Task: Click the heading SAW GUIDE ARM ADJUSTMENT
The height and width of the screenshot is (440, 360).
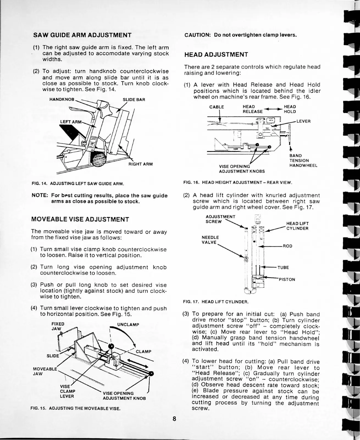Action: pyautogui.click(x=82, y=35)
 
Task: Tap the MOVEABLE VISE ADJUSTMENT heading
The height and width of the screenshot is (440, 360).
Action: pyautogui.click(x=80, y=219)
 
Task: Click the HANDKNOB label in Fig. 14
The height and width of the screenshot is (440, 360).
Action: pyautogui.click(x=62, y=99)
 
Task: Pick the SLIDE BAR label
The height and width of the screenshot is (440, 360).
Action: pyautogui.click(x=134, y=99)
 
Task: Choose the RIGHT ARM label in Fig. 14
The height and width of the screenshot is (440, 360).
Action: pyautogui.click(x=140, y=164)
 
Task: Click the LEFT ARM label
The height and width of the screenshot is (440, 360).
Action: pyautogui.click(x=71, y=122)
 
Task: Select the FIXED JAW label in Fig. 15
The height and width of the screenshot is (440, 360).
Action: pyautogui.click(x=58, y=326)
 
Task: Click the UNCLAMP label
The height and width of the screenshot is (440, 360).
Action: pyautogui.click(x=128, y=325)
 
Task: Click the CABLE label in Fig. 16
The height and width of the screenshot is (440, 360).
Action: pyautogui.click(x=217, y=107)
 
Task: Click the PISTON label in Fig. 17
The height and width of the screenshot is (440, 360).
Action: pyautogui.click(x=287, y=280)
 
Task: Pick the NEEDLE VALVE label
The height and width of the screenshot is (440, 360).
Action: pyautogui.click(x=210, y=240)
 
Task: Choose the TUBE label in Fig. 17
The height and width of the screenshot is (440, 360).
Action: pyautogui.click(x=283, y=267)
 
